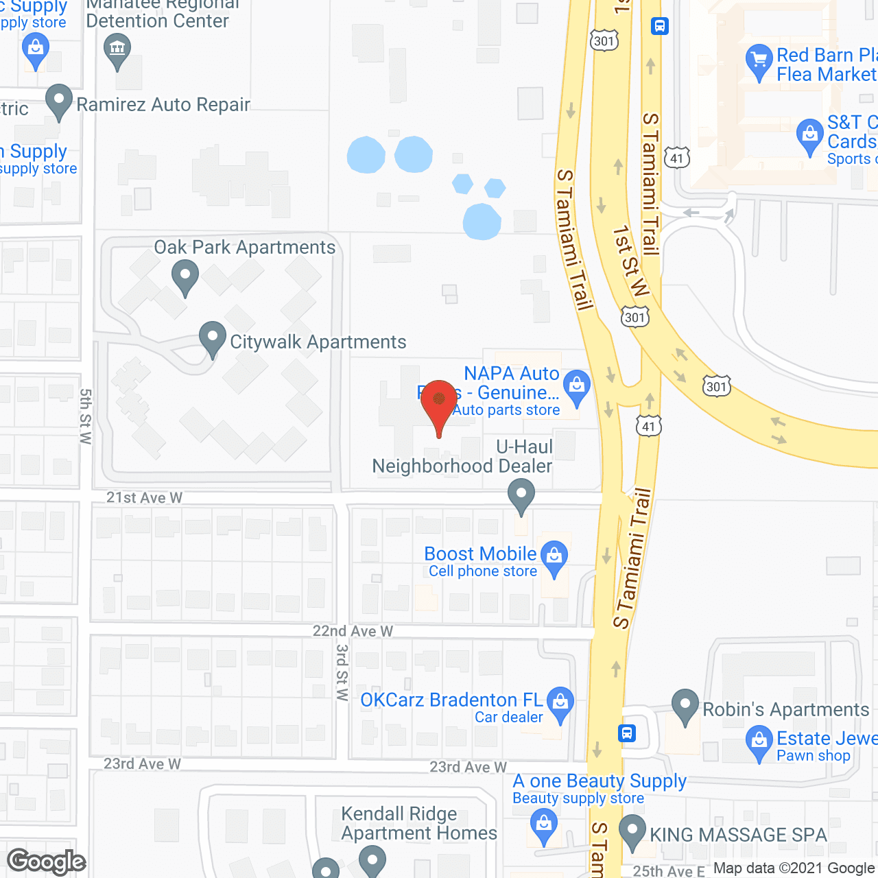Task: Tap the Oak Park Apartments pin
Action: (185, 278)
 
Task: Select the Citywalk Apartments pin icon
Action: (213, 337)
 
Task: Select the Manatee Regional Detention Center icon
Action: (117, 49)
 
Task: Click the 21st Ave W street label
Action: (144, 497)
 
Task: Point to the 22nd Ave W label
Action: (353, 630)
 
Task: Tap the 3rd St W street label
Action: (342, 672)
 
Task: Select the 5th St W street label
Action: (85, 416)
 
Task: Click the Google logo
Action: (47, 862)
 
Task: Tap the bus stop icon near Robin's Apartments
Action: (627, 733)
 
